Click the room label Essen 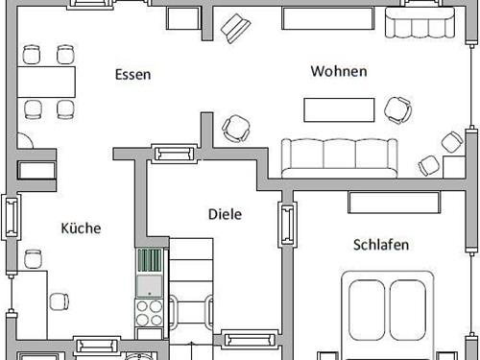pyautogui.click(x=132, y=74)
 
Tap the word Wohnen pyautogui.click(x=339, y=71)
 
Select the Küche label pyautogui.click(x=81, y=228)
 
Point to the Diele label pyautogui.click(x=225, y=214)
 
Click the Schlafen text pyautogui.click(x=381, y=245)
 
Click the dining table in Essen pyautogui.click(x=49, y=80)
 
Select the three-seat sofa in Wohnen pyautogui.click(x=339, y=156)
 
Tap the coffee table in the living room pyautogui.click(x=339, y=109)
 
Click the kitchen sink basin pyautogui.click(x=149, y=286)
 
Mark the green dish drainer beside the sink pyautogui.click(x=149, y=261)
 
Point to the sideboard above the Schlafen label pyautogui.click(x=391, y=202)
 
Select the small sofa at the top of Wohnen pyautogui.click(x=416, y=20)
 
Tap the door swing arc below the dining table pyautogui.click(x=26, y=138)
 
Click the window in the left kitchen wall pyautogui.click(x=11, y=217)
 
